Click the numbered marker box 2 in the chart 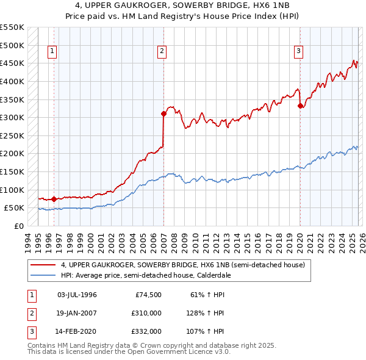(x=162, y=52)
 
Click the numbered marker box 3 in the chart (x=299, y=52)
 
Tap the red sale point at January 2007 (x=163, y=113)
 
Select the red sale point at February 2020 (x=300, y=106)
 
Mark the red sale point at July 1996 (x=54, y=199)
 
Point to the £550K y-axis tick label (x=12, y=27)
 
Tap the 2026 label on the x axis (x=362, y=240)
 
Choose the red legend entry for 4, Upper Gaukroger (x=178, y=265)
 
